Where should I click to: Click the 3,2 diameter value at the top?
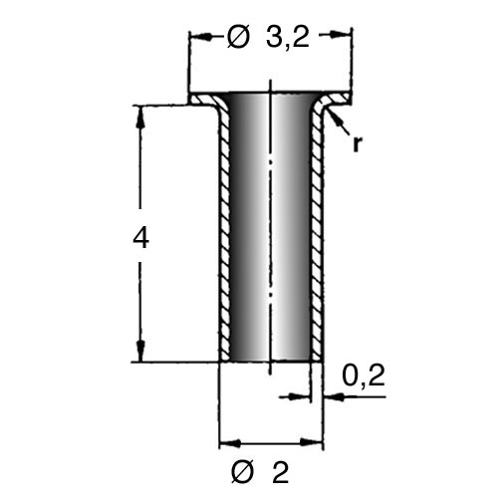[x=288, y=37]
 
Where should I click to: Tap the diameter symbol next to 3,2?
[x=238, y=37]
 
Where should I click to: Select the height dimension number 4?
[x=140, y=238]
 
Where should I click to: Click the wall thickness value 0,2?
[x=364, y=376]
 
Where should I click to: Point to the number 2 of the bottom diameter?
[x=281, y=472]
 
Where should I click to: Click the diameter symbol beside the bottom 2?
[x=242, y=472]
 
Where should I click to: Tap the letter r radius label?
[x=357, y=143]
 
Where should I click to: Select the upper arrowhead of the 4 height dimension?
[x=140, y=117]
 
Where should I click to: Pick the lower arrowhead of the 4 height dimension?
[x=140, y=352]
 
